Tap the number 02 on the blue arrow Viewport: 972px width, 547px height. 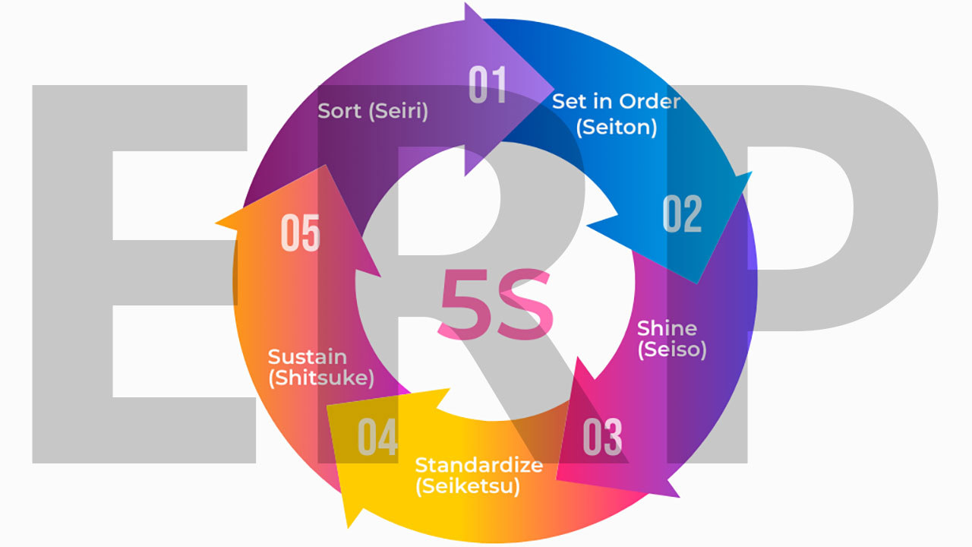(x=682, y=214)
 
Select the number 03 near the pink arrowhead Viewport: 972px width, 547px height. (x=602, y=437)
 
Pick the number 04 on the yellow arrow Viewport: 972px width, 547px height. (x=377, y=437)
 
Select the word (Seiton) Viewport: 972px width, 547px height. (x=617, y=127)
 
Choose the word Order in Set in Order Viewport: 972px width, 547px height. (x=649, y=101)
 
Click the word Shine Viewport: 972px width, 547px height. (x=667, y=328)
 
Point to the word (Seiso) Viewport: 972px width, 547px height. (x=671, y=349)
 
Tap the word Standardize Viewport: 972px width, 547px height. (x=478, y=464)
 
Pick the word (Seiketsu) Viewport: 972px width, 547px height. (x=468, y=485)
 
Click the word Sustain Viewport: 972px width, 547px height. (x=308, y=357)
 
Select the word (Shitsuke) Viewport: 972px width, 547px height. (x=320, y=378)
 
